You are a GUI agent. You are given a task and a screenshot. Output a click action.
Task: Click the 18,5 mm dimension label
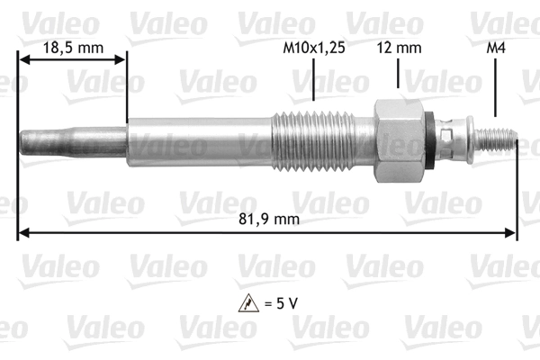tap(73, 47)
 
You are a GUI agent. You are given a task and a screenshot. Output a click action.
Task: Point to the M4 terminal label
tap(495, 47)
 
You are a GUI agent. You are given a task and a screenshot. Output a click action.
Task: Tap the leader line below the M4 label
tap(495, 90)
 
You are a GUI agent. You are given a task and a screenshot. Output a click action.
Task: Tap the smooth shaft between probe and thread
tap(198, 141)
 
